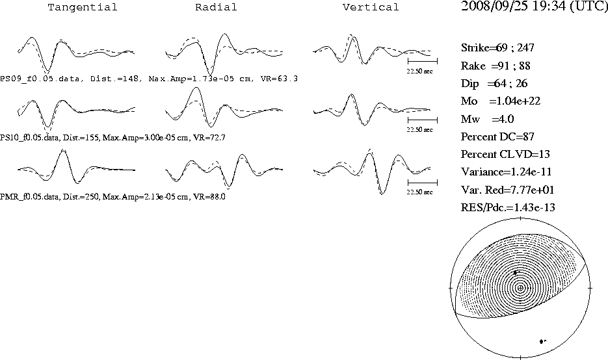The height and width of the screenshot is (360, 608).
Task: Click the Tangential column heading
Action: point(82,7)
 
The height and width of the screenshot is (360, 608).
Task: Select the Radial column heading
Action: point(216,7)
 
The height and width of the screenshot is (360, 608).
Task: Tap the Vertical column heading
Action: point(371,7)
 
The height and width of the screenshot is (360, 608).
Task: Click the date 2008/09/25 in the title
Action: point(494,6)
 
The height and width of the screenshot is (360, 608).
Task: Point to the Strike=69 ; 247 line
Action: point(497,47)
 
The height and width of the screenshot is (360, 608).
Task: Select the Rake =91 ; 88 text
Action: point(496,66)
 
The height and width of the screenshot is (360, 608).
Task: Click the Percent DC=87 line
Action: point(497,137)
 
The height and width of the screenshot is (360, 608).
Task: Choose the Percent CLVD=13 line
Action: point(505,154)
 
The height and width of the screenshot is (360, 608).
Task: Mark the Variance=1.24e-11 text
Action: point(506,172)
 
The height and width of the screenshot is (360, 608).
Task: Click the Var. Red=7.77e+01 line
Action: point(508,190)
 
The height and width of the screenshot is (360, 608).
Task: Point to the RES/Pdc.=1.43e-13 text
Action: point(508,208)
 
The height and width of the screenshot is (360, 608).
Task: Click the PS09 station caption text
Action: point(149,79)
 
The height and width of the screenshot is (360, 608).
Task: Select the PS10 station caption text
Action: point(112,138)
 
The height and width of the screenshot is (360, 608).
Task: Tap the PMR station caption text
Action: point(112,196)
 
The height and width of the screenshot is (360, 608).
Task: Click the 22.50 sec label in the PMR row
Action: point(419,192)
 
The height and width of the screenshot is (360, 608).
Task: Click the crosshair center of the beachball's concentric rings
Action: point(520,288)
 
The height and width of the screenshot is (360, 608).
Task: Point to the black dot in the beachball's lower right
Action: point(542,341)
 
